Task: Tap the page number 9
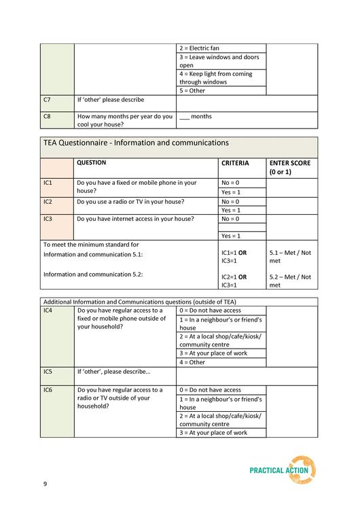click(x=45, y=484)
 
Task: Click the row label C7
click(x=47, y=100)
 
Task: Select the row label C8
click(x=47, y=116)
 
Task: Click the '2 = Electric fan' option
click(x=200, y=49)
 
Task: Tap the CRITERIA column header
click(x=235, y=163)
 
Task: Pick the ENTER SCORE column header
click(x=290, y=167)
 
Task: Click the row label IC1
click(x=48, y=183)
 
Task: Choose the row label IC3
click(x=48, y=219)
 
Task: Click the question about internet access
click(x=135, y=219)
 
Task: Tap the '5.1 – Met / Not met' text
click(x=290, y=256)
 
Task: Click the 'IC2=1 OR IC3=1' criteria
click(x=234, y=281)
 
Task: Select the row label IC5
click(x=48, y=372)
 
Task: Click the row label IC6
click(x=48, y=390)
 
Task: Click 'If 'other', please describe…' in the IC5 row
click(x=113, y=372)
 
